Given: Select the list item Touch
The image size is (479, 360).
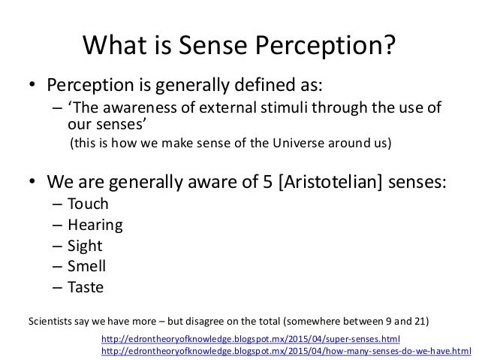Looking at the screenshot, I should pyautogui.click(x=88, y=204).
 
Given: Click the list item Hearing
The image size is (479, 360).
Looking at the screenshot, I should pyautogui.click(x=95, y=225).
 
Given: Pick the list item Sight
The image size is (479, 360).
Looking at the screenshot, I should pyautogui.click(x=84, y=245).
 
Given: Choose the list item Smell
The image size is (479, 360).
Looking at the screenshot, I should pyautogui.click(x=86, y=265).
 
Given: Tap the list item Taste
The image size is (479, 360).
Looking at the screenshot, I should pyautogui.click(x=86, y=286).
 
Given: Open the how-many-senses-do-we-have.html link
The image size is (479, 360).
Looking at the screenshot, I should pyautogui.click(x=286, y=351).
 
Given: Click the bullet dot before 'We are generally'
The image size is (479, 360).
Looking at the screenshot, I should pyautogui.click(x=32, y=182).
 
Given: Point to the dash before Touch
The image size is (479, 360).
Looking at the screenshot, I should pyautogui.click(x=58, y=204).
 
